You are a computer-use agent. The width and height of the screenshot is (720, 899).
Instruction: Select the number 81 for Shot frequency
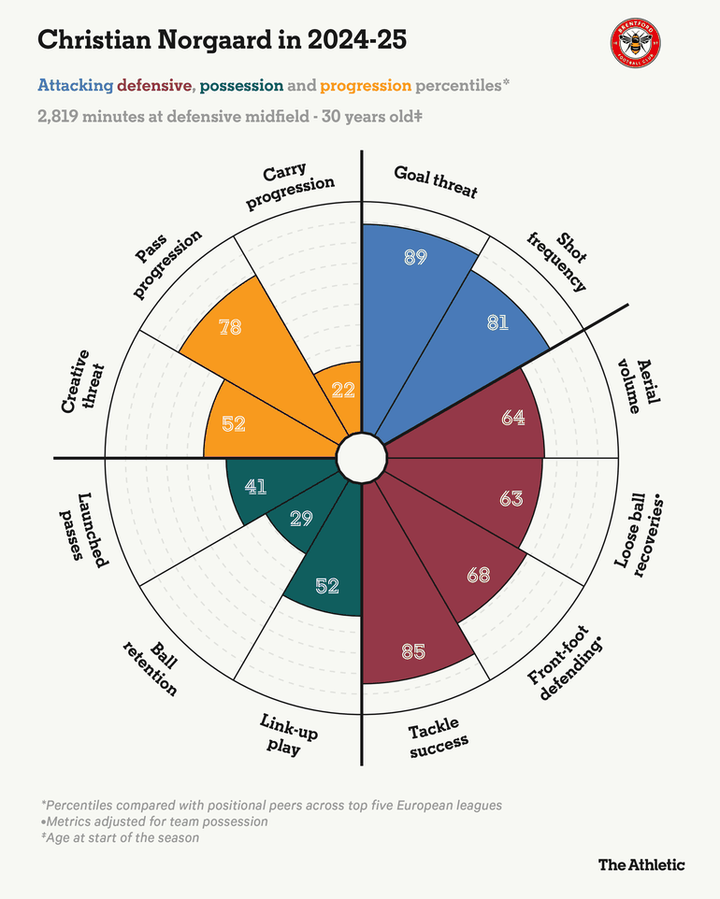click(x=497, y=322)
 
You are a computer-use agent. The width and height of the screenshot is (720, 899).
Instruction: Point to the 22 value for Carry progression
click(x=343, y=392)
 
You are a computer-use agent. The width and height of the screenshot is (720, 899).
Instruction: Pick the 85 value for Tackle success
click(x=413, y=650)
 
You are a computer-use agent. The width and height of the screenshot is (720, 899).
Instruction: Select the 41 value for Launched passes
click(x=255, y=486)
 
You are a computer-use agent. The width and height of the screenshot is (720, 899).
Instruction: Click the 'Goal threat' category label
click(x=436, y=182)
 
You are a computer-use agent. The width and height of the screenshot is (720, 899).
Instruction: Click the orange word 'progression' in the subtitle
click(x=366, y=86)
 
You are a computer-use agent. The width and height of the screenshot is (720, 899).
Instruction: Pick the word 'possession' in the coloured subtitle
click(x=241, y=86)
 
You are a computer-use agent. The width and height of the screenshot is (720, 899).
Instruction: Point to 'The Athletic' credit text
click(x=641, y=864)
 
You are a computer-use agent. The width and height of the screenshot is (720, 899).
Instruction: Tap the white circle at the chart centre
click(x=361, y=458)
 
